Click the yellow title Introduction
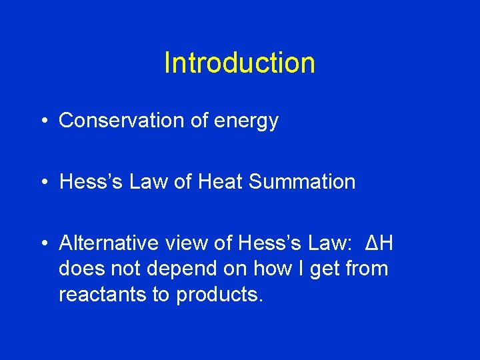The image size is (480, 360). [x=239, y=63]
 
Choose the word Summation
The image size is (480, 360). [x=302, y=181]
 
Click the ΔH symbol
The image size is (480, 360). [x=379, y=243]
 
